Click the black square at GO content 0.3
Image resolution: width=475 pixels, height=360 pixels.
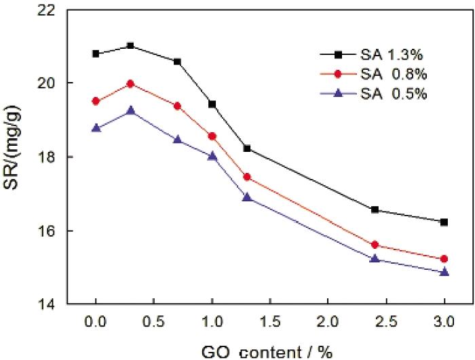tap(130, 45)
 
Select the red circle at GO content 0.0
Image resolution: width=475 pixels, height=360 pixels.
tap(96, 101)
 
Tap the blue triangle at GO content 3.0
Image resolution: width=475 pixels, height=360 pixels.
tap(444, 272)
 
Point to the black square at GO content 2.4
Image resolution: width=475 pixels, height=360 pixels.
tap(375, 209)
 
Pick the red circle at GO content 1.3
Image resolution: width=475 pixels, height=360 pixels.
tap(247, 177)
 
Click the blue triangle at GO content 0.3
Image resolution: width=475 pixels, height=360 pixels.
tap(130, 110)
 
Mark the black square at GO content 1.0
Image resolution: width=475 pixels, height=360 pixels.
tap(212, 104)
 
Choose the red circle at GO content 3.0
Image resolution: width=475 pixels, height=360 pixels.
tap(444, 259)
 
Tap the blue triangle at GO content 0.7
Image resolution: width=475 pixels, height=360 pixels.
tap(177, 140)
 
